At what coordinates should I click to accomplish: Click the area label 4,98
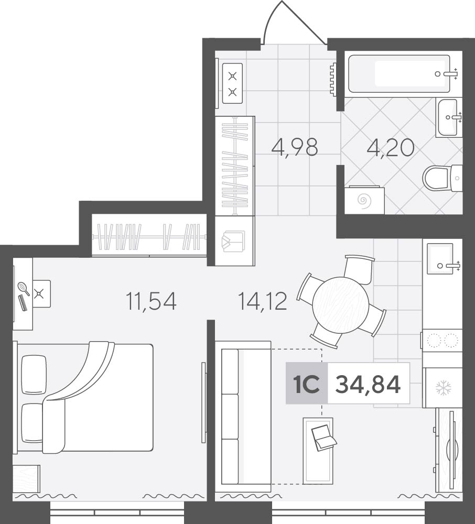tap(295, 147)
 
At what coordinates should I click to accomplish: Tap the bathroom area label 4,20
tap(391, 148)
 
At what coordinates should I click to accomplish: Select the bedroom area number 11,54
tap(151, 301)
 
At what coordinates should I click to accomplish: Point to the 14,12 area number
tap(262, 301)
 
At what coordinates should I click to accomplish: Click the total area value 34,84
tap(368, 384)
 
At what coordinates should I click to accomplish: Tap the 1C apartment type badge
tap(307, 384)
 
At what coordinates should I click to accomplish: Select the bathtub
tap(399, 74)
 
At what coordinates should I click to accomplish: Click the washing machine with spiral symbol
tap(364, 200)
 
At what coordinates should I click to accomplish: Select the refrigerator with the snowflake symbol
tap(442, 388)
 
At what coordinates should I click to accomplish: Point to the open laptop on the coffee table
tap(323, 438)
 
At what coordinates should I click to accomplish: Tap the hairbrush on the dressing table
tap(24, 288)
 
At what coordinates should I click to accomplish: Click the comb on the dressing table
tap(23, 303)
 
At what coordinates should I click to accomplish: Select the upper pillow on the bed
tap(34, 374)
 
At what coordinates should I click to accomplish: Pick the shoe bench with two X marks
tap(232, 83)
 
